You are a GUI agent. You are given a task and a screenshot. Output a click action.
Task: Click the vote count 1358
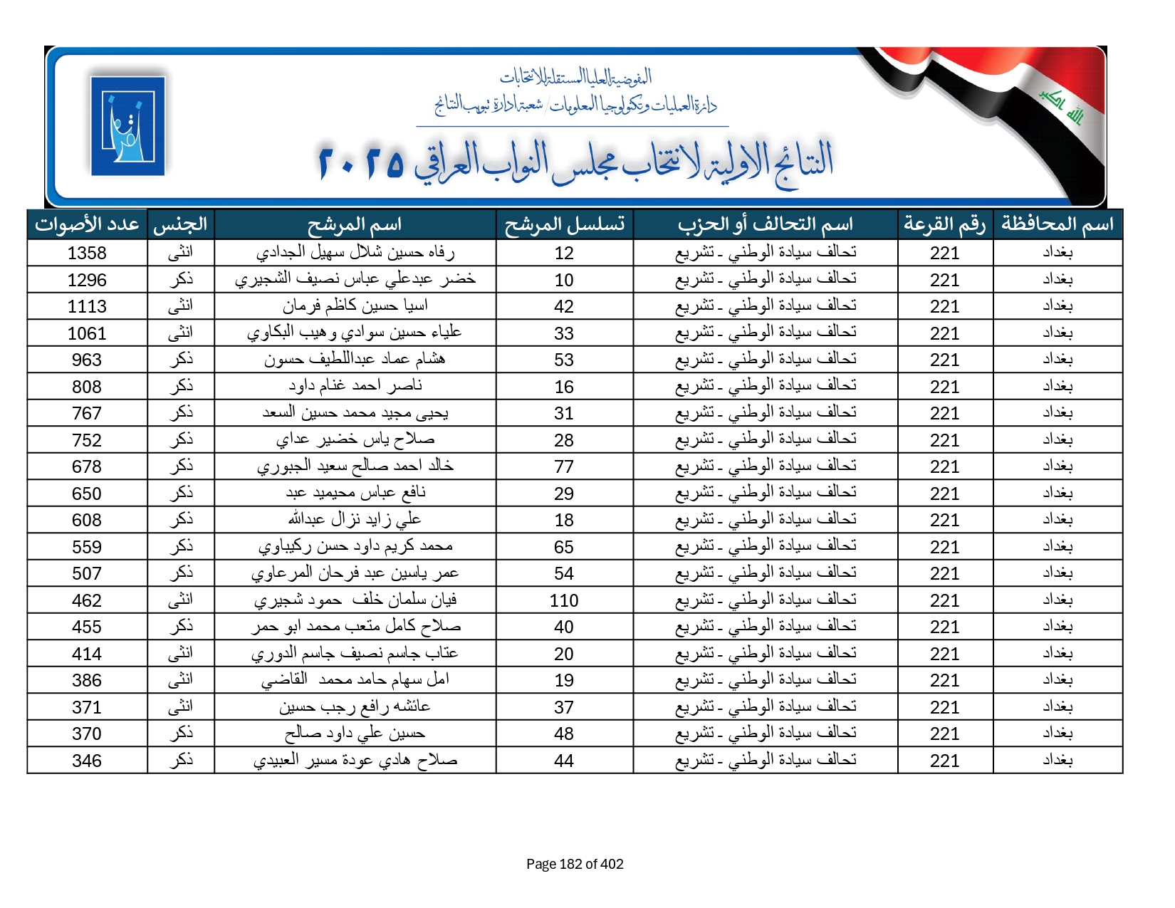[87, 253]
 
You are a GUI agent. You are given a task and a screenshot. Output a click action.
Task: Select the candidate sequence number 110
[563, 600]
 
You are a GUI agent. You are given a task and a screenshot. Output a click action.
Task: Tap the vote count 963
[87, 360]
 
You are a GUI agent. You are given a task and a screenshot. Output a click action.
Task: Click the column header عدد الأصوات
[87, 224]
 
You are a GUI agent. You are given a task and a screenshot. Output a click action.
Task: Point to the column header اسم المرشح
[355, 224]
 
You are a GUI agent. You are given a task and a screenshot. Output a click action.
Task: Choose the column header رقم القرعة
[944, 224]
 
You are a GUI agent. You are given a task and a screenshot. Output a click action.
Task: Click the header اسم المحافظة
[1057, 224]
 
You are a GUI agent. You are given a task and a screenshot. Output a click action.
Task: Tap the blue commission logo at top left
[128, 125]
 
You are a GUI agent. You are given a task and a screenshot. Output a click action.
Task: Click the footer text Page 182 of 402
[575, 864]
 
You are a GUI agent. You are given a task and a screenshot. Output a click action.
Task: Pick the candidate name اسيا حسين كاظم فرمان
[355, 306]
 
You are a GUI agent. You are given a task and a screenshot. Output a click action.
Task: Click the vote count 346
[87, 761]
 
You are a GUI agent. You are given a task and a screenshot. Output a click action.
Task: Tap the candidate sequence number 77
[563, 466]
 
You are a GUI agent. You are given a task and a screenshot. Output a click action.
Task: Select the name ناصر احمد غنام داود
[355, 386]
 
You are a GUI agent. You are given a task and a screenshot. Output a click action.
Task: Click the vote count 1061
[87, 333]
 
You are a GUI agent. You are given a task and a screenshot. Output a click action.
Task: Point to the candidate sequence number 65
[563, 547]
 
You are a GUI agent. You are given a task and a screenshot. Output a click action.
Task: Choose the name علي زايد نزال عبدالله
[355, 520]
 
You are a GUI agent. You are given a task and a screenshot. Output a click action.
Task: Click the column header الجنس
[180, 224]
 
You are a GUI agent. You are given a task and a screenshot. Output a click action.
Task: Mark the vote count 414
[87, 654]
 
